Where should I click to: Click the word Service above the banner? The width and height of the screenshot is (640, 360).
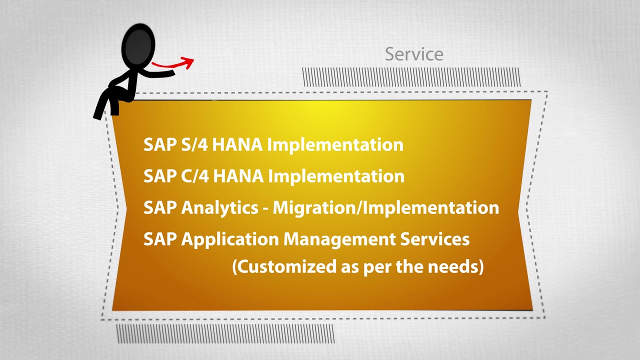tap(414, 54)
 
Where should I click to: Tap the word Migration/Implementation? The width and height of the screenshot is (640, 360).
tap(385, 207)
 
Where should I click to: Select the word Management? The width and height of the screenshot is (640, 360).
tap(339, 239)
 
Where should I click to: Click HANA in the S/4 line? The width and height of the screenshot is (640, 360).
tap(237, 144)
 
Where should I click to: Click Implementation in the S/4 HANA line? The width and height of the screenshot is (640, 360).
tap(335, 144)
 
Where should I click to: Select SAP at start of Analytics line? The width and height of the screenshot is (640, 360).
tap(160, 207)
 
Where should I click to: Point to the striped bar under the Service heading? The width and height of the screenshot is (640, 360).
tap(411, 77)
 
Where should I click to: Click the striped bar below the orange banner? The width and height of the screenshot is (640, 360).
tap(225, 333)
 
